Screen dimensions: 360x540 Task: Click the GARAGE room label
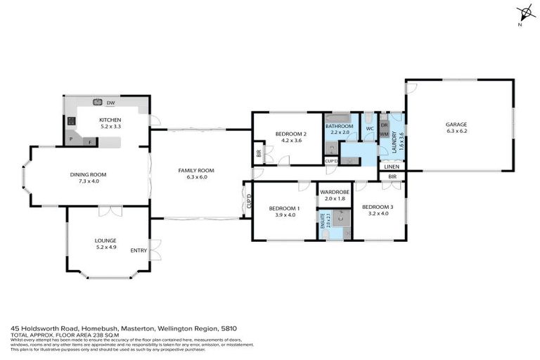coord(456,124)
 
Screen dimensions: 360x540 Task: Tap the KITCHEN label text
coord(110,120)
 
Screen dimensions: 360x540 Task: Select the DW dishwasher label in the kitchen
coord(110,103)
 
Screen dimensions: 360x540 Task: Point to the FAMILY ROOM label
coord(195,170)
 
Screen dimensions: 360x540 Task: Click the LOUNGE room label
coord(105,240)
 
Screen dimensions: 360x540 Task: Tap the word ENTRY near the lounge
coord(139,250)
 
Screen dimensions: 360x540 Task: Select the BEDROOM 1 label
coord(283,208)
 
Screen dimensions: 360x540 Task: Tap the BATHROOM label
coord(340,126)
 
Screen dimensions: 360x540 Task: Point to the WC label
coord(368,129)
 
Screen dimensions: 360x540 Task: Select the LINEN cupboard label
coord(392,166)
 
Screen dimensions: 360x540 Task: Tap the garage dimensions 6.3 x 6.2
coord(456,131)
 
